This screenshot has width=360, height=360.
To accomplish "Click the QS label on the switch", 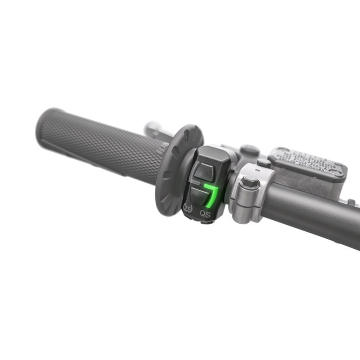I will pos(205,213).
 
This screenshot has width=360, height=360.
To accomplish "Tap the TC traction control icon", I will pos(188,207).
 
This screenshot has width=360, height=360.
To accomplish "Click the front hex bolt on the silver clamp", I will pos(249,183).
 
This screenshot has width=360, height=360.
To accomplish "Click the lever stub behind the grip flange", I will pos(154,129).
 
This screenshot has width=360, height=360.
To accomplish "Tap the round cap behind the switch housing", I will pos(249,150).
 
